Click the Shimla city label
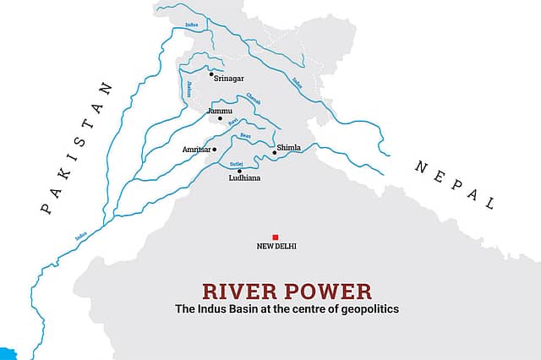pyautogui.click(x=289, y=146)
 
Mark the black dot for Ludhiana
pyautogui.click(x=240, y=171)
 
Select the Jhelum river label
pyautogui.click(x=188, y=87)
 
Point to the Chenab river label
pyautogui.click(x=253, y=98)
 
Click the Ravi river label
pyautogui.click(x=232, y=123)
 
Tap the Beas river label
pyautogui.click(x=245, y=136)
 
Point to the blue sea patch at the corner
pyautogui.click(x=7, y=352)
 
